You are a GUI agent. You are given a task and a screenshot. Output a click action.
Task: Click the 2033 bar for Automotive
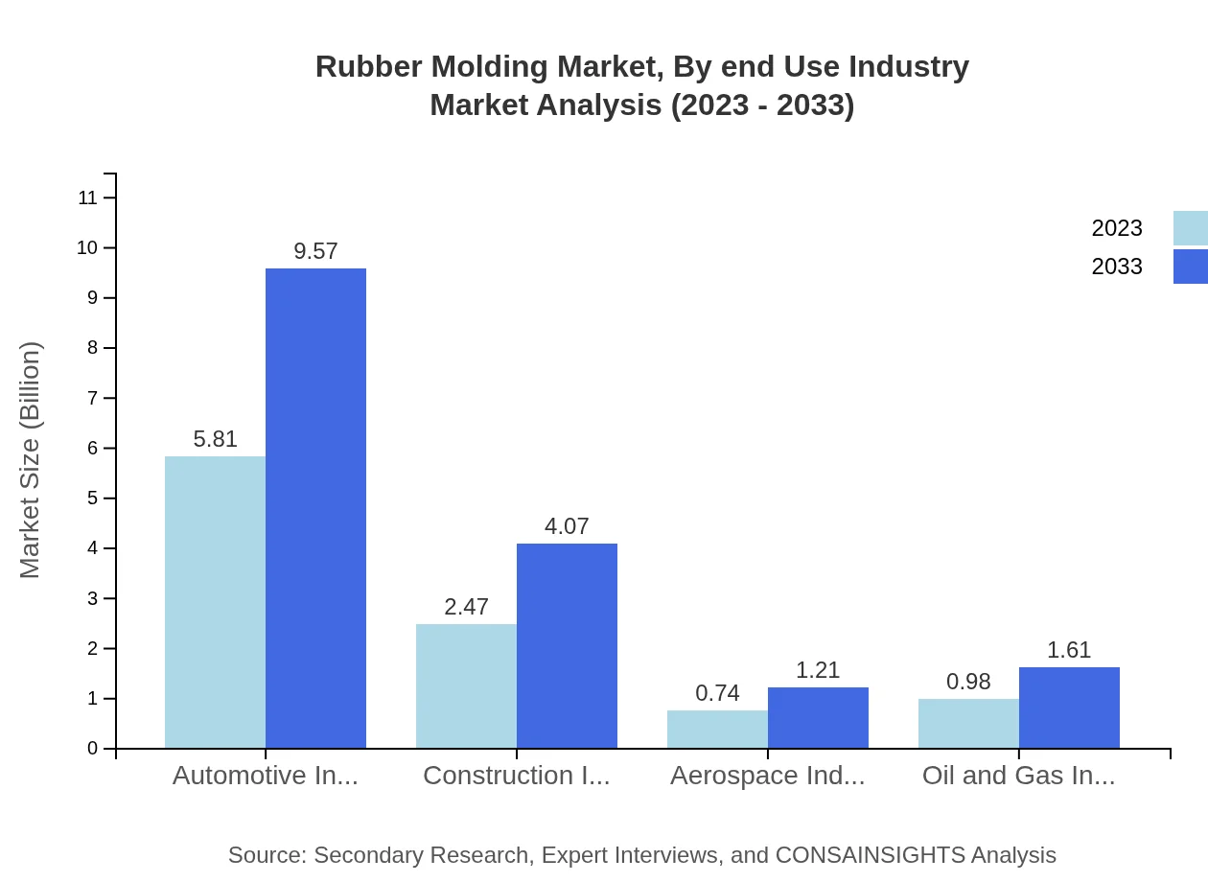[315, 508]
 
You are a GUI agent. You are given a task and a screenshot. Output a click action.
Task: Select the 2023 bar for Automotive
[215, 602]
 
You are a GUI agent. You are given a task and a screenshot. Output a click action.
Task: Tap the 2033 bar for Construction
[567, 645]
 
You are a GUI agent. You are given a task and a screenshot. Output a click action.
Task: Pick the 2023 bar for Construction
[466, 685]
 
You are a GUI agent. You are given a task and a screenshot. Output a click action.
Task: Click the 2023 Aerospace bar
[717, 730]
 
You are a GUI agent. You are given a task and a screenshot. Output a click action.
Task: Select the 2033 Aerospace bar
[818, 717]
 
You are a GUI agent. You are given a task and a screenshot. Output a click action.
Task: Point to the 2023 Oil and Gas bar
[968, 724]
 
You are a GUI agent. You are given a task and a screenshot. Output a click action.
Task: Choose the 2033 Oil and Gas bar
[1069, 708]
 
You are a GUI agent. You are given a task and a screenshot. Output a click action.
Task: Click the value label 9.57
[315, 251]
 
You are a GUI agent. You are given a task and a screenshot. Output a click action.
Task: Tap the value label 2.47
[466, 607]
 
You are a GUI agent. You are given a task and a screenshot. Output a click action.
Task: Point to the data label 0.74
[717, 693]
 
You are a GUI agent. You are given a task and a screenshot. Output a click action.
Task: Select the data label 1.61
[1069, 650]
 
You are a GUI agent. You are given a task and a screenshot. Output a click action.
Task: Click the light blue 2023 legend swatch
[1190, 228]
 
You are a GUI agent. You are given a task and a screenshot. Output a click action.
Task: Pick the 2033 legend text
[1117, 267]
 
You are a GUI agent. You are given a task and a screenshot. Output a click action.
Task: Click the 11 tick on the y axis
[88, 198]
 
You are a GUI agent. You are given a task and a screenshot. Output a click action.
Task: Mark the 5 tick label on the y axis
[93, 499]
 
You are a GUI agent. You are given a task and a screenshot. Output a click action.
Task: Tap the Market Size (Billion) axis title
[30, 460]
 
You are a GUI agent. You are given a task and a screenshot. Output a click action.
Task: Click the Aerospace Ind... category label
[767, 776]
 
